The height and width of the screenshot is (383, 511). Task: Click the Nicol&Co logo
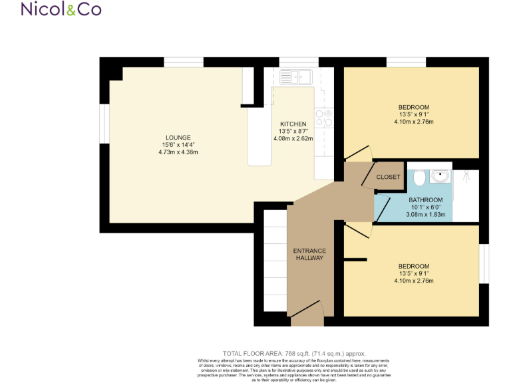click(x=61, y=9)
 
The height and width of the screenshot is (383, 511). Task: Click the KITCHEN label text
click(x=293, y=124)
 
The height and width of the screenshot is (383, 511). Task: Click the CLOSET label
click(x=389, y=177)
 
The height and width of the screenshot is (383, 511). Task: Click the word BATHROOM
click(x=425, y=200)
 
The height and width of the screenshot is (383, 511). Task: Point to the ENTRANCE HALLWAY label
click(x=309, y=254)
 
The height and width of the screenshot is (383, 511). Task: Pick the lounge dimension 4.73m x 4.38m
click(x=179, y=152)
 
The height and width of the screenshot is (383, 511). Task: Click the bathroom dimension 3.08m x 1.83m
click(x=426, y=215)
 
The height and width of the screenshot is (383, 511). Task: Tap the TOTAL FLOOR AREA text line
click(x=293, y=354)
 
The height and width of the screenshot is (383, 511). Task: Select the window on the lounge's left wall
click(x=104, y=124)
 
